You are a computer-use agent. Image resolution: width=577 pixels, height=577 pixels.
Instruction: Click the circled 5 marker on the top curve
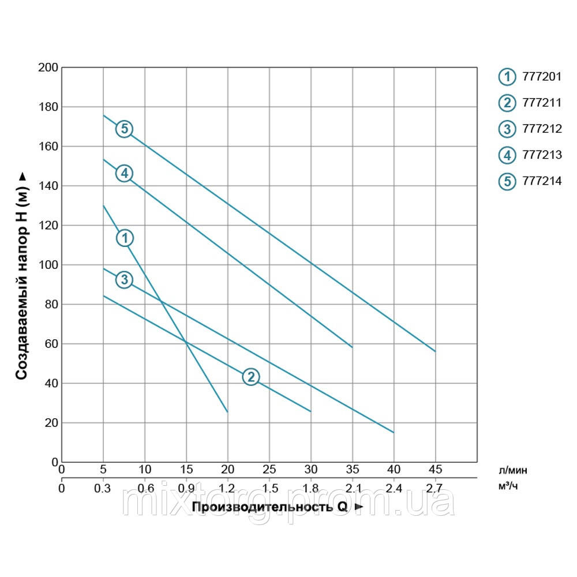coord(124,129)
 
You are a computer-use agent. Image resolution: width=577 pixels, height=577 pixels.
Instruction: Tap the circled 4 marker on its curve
coord(124,173)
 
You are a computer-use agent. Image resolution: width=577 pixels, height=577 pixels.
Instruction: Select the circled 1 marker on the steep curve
coord(125,238)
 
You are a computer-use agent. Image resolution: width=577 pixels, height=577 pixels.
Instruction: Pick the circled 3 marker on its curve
coord(124,280)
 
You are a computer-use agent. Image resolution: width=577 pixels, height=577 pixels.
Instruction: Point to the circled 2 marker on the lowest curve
coord(250,377)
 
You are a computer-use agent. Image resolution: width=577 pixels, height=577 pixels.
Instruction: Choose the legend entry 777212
coord(531,129)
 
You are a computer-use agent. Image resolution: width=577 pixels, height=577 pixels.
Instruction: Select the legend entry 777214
coord(531,181)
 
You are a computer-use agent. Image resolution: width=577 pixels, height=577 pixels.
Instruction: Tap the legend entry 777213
coord(531,155)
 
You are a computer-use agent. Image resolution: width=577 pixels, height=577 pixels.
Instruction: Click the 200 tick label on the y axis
coord(48,68)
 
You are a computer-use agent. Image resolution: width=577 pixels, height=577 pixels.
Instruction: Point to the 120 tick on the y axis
coord(48,226)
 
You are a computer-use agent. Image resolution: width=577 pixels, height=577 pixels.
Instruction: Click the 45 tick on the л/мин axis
coord(436,469)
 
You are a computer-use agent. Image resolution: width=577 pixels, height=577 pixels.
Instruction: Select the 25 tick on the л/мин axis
coord(269,469)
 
